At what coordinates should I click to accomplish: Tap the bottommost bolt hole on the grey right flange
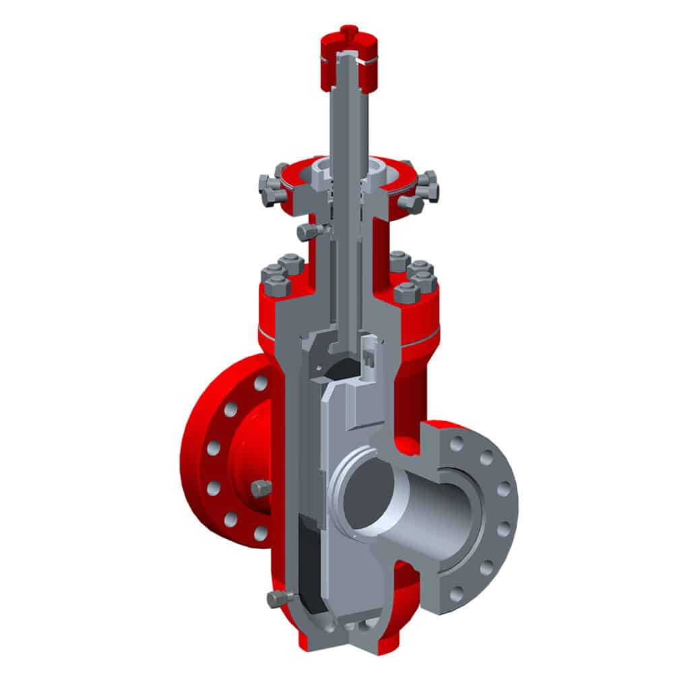tap(457, 594)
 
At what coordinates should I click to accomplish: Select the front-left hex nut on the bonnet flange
tap(278, 286)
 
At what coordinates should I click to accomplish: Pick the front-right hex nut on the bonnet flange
tap(406, 293)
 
